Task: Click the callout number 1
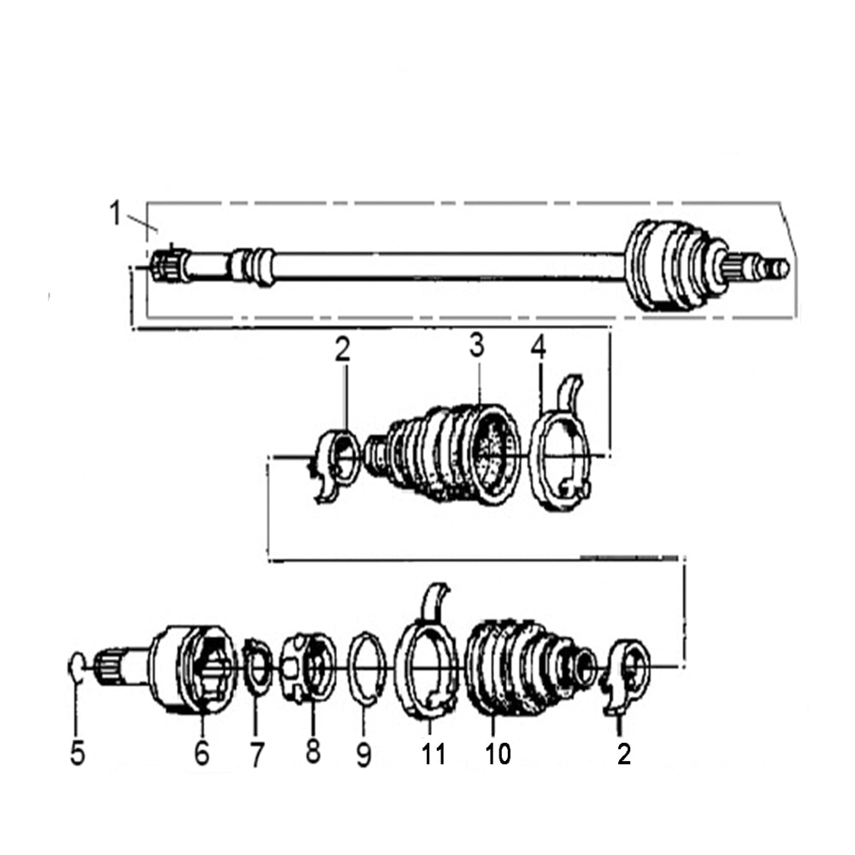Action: [115, 213]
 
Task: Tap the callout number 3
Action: [476, 346]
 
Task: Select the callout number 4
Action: [538, 347]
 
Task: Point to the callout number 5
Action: [78, 754]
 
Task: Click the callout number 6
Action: [202, 754]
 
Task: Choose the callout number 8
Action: [313, 752]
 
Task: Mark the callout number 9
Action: [364, 754]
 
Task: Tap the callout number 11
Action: [433, 754]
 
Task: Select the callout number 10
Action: [497, 754]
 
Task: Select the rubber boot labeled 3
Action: [449, 453]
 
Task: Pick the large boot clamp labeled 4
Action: [560, 462]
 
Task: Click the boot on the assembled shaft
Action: [671, 265]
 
